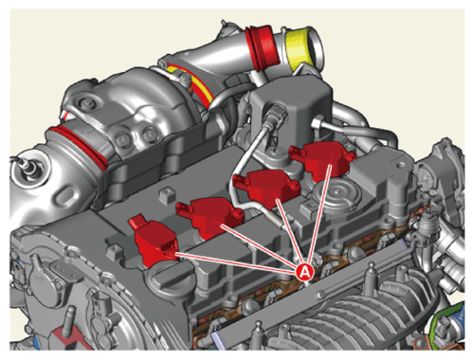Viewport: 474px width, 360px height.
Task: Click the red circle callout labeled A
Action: point(304,271)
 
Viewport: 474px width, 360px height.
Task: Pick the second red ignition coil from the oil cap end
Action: point(210,216)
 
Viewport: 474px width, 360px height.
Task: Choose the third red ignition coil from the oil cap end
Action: point(265,188)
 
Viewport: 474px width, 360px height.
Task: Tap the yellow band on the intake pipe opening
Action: point(299,49)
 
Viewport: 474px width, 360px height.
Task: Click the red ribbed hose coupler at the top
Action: point(261,46)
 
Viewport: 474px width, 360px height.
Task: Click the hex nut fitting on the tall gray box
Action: point(317,123)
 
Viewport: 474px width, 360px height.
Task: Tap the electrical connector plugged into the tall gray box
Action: point(277,116)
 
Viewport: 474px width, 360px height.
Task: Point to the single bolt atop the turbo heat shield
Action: point(84,103)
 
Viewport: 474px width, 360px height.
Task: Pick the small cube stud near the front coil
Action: point(114,251)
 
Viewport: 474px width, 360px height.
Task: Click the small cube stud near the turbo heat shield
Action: point(167,194)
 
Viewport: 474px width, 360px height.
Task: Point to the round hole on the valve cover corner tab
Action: point(401,165)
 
